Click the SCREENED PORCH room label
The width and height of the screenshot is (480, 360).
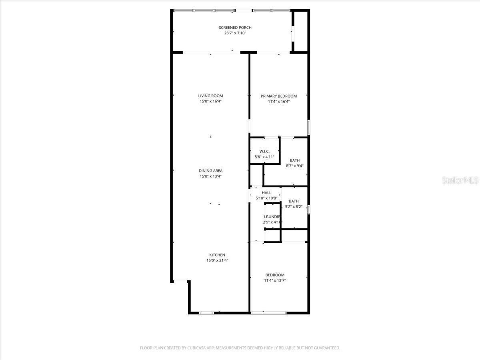click(235, 28)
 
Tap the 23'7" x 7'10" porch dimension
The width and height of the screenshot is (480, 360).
click(235, 33)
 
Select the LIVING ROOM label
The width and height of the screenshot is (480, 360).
click(210, 96)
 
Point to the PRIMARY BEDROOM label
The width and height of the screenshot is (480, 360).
click(279, 96)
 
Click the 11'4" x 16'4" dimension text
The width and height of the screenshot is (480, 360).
click(279, 102)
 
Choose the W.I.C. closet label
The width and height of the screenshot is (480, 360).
click(264, 151)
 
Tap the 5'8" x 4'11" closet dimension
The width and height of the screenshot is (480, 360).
click(264, 157)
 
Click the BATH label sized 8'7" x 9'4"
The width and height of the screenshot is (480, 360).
click(295, 160)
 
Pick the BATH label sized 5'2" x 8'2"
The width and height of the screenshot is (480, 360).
click(294, 201)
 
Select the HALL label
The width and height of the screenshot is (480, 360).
click(266, 193)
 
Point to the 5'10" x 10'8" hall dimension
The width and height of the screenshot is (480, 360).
click(266, 198)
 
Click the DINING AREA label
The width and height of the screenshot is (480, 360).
click(210, 171)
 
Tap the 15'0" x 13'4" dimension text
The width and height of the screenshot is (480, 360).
click(210, 176)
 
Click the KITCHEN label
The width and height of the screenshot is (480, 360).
click(217, 255)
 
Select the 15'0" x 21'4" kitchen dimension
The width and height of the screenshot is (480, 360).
click(217, 260)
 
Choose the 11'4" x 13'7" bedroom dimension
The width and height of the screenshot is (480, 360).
click(275, 280)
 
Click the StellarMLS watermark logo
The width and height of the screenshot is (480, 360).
click(460, 181)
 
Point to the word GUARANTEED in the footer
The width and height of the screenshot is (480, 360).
click(326, 348)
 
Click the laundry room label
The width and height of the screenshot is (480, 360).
click(272, 216)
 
